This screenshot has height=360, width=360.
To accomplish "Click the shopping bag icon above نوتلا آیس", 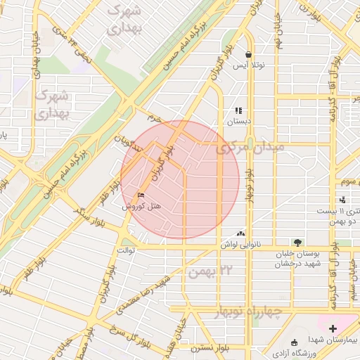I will (248, 54).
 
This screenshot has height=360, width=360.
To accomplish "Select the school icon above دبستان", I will (238, 110).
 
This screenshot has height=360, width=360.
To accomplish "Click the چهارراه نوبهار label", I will (255, 311).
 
